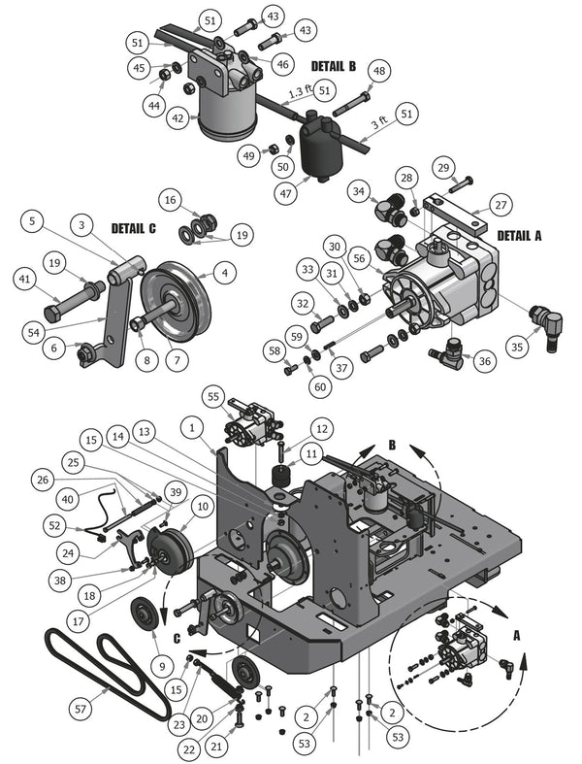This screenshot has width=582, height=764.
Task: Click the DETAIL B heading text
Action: point(333,66)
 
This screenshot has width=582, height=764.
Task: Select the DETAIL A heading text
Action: point(519,236)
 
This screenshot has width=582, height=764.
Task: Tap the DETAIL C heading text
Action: point(134,228)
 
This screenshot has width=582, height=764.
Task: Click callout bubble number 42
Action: point(178,118)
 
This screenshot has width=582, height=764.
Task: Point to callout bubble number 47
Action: point(285,193)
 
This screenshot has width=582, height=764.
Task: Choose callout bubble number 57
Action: point(81,709)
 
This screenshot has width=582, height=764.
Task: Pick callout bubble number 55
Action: point(213,397)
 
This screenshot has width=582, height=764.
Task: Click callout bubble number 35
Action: point(517,348)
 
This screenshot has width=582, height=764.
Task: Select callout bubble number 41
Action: point(24,280)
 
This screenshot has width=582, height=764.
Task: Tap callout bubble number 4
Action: point(224,273)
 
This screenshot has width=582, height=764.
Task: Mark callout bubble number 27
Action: point(501,205)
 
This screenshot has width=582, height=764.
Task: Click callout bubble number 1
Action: point(192,428)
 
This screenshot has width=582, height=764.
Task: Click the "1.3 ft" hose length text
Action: point(300,91)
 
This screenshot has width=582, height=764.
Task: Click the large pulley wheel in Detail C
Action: point(176,302)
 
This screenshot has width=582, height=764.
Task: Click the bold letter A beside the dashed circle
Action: point(516,636)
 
